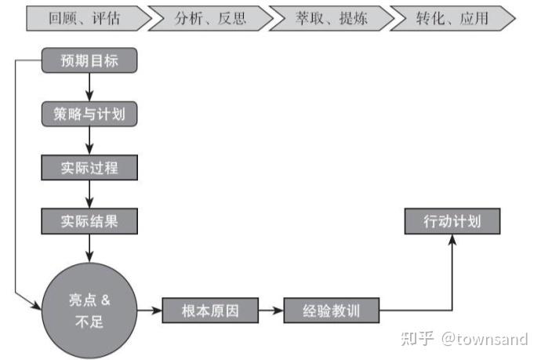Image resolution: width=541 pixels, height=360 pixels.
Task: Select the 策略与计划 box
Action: pyautogui.click(x=89, y=115)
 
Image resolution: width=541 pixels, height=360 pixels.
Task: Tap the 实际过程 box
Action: pyautogui.click(x=89, y=168)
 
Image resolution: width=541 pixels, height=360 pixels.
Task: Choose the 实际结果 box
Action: pyautogui.click(x=89, y=221)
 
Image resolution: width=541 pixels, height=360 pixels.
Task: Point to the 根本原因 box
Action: pyautogui.click(x=210, y=311)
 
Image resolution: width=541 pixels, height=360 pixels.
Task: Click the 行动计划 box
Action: pyautogui.click(x=452, y=222)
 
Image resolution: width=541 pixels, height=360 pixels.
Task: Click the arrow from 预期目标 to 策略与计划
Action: pyautogui.click(x=89, y=87)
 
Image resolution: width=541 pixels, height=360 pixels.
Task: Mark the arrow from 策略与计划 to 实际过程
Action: pyautogui.click(x=89, y=141)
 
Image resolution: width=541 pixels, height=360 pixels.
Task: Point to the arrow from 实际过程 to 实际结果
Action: pyautogui.click(x=89, y=195)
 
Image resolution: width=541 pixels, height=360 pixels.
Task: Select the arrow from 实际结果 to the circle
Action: pyautogui.click(x=89, y=248)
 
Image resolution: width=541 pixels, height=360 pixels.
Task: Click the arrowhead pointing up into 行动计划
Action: pyautogui.click(x=452, y=241)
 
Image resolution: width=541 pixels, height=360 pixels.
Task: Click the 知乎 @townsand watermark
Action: pyautogui.click(x=464, y=339)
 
